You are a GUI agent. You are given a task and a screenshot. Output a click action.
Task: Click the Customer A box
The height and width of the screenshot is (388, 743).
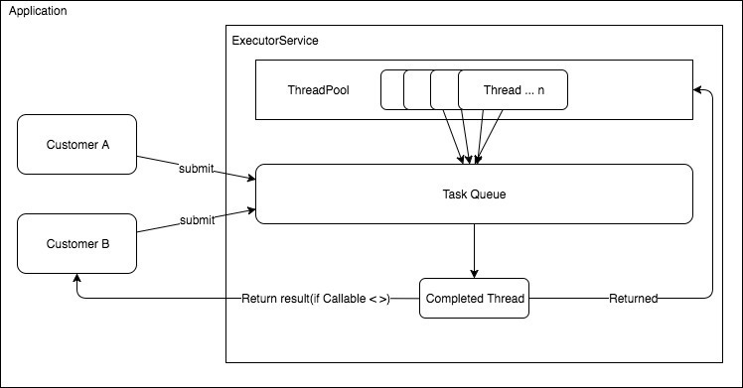76,145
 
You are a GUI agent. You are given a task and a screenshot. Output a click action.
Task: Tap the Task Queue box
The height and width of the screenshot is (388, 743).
474,194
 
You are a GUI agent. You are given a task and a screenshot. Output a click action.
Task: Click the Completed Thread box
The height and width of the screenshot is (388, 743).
474,299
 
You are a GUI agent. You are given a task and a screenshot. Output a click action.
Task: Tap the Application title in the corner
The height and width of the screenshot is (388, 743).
39,11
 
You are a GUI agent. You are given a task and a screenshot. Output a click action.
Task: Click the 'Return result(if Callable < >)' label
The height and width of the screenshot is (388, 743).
316,299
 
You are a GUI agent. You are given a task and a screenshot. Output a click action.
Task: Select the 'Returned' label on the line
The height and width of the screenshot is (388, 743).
633,299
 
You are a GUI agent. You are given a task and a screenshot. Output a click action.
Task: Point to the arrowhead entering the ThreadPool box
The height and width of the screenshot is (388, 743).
698,90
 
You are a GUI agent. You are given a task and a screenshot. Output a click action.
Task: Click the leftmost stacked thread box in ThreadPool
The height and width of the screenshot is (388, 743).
392,90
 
